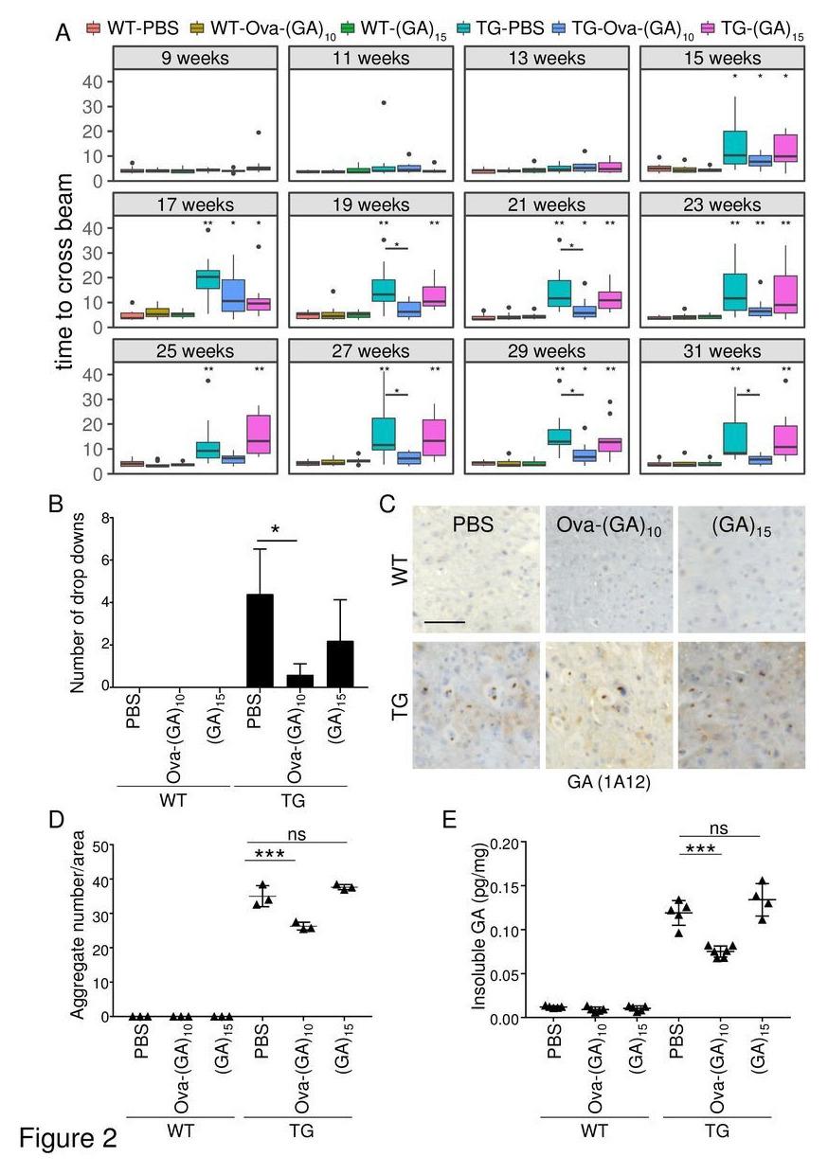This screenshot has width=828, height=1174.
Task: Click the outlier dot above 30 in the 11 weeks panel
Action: point(383,103)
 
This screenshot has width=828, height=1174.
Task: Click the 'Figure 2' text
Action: point(66,1136)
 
